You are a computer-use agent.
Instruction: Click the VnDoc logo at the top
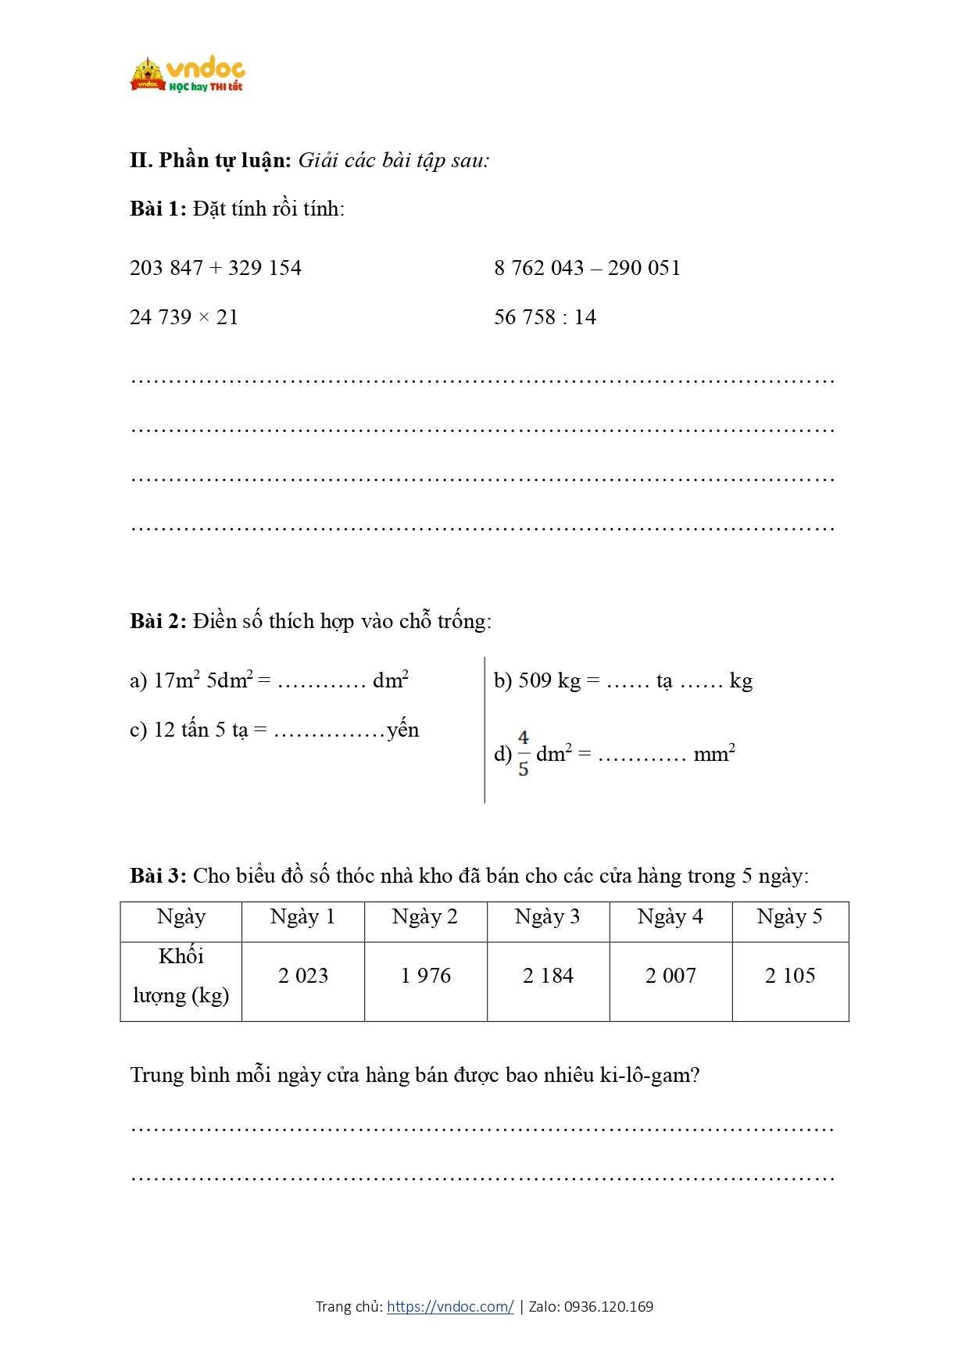click(x=188, y=76)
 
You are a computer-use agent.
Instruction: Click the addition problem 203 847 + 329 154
click(x=216, y=268)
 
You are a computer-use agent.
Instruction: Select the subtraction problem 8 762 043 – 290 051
click(x=587, y=268)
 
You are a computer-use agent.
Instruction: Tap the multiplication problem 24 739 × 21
click(x=184, y=317)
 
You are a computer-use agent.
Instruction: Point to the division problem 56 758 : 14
click(x=545, y=317)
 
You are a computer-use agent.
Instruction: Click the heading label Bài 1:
click(x=158, y=209)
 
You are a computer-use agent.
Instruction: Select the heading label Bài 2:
click(x=158, y=621)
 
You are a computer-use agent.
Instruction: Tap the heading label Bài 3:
click(x=158, y=876)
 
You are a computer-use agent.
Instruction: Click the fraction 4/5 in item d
click(x=523, y=753)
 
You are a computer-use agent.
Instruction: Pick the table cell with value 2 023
click(x=303, y=976)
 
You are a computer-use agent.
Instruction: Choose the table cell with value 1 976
click(x=426, y=976)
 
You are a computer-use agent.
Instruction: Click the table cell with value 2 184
click(x=548, y=976)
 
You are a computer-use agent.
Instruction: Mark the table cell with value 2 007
click(x=670, y=976)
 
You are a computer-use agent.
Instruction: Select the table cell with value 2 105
click(x=790, y=976)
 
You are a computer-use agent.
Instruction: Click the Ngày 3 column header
click(x=547, y=916)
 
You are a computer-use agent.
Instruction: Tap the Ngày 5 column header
click(x=789, y=916)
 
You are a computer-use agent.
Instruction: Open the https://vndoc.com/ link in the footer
click(x=450, y=1306)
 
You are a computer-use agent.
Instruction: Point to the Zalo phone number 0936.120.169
click(x=609, y=1306)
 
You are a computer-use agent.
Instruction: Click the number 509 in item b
click(x=535, y=680)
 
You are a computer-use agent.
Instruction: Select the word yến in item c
click(x=403, y=730)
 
